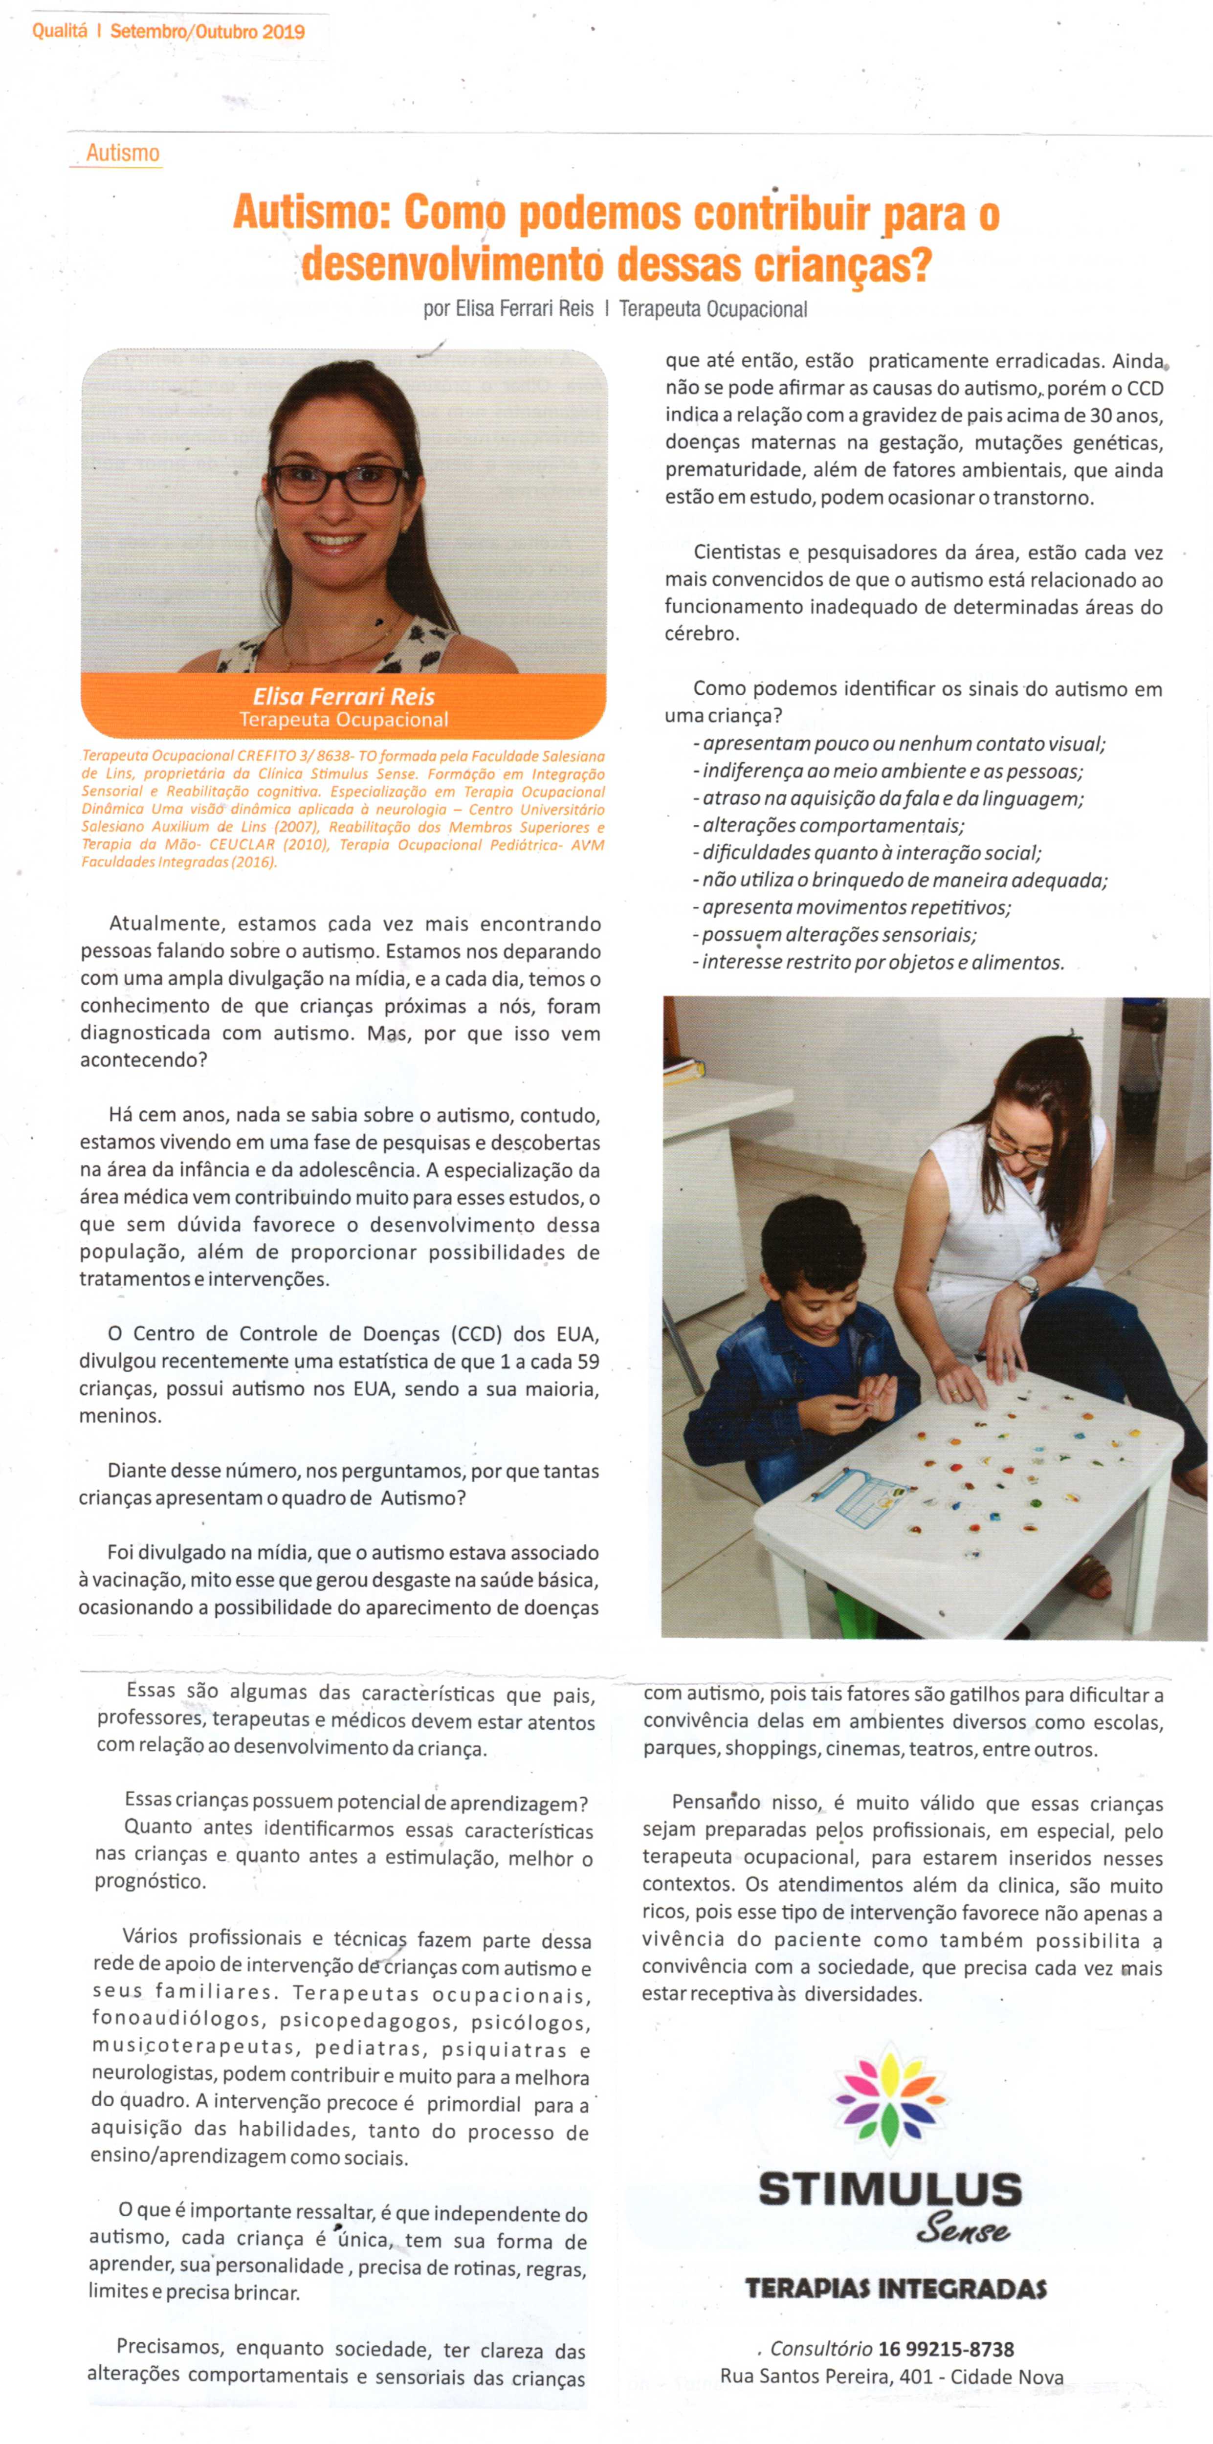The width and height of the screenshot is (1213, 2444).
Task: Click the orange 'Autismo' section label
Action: click(122, 153)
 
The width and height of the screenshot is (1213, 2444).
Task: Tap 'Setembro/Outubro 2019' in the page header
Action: click(207, 31)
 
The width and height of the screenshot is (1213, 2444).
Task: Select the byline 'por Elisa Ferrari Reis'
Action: click(508, 309)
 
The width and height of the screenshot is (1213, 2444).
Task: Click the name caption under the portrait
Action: click(344, 696)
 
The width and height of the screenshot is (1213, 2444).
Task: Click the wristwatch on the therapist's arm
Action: click(1028, 1287)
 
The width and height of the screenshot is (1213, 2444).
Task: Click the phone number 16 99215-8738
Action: click(946, 2349)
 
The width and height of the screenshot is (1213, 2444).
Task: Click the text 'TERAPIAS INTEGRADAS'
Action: click(895, 2289)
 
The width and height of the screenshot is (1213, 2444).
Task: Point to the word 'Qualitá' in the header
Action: click(59, 31)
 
